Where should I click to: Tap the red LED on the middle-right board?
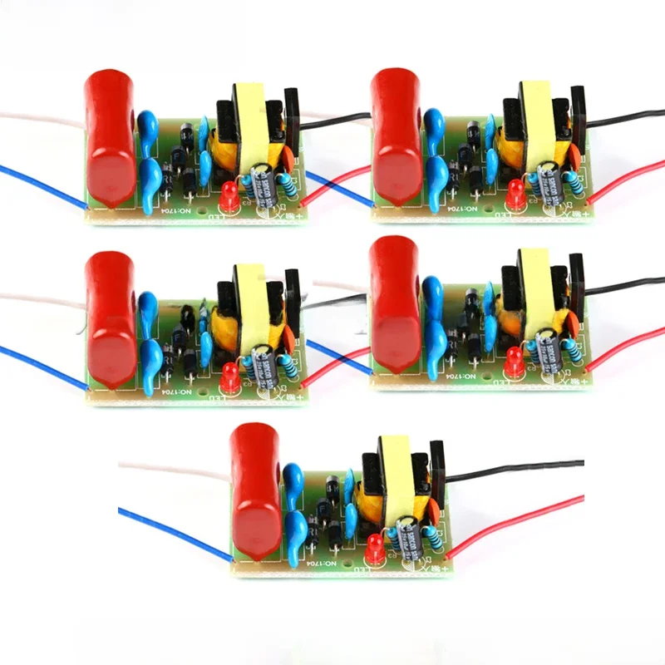515,360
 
